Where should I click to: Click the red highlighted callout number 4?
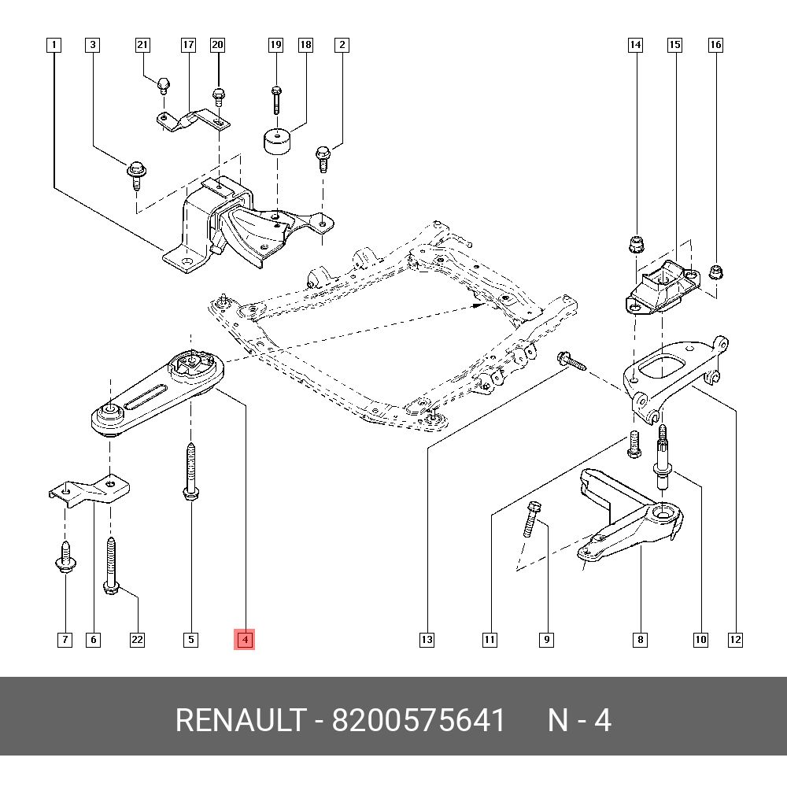[246, 640]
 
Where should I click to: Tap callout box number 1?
[54, 45]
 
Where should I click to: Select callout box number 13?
[427, 640]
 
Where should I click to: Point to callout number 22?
[137, 640]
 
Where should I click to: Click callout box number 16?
[715, 45]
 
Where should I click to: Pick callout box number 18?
[305, 45]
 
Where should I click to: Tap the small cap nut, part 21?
[164, 83]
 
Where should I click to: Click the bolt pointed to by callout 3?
[135, 174]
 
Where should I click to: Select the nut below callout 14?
[635, 244]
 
